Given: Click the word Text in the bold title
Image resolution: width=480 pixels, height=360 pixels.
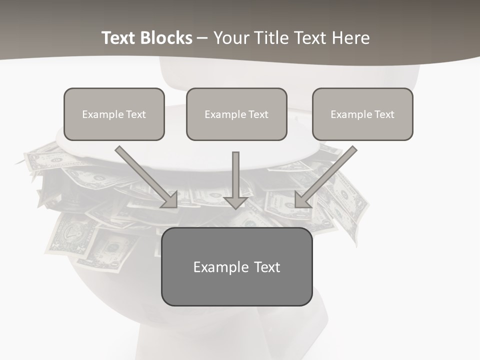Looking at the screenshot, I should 119,38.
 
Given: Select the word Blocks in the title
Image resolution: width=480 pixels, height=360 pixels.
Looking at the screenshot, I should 167,38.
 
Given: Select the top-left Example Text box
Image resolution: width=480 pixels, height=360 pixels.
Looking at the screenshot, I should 114,114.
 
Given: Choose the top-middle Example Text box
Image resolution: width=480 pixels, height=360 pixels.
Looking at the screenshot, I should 236,114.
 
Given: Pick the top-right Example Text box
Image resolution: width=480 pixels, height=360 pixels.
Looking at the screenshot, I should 362,114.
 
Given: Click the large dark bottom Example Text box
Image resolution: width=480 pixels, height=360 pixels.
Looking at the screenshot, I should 236,266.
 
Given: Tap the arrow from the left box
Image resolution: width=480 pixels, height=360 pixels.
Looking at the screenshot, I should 145,175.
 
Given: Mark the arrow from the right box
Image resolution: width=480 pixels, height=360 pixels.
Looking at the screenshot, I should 327,175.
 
